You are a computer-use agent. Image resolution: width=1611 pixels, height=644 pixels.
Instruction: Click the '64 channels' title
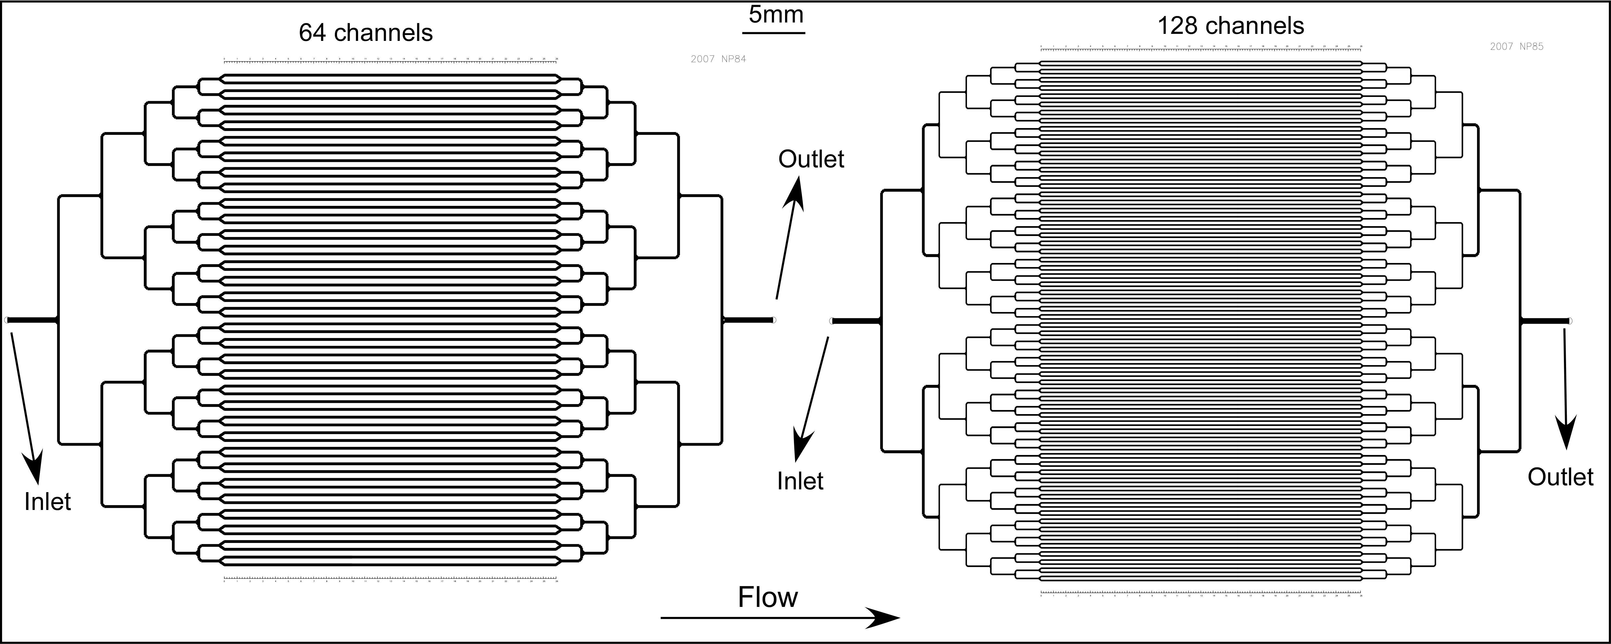[x=366, y=32]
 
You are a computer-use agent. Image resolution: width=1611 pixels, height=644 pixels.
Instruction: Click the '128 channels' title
[x=1231, y=26]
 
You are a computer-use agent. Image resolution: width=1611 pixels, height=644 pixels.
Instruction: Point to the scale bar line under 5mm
[x=774, y=32]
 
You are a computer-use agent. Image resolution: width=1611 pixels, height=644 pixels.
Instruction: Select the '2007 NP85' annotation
[x=1517, y=46]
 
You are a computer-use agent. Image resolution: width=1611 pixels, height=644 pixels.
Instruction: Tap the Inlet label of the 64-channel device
[x=48, y=501]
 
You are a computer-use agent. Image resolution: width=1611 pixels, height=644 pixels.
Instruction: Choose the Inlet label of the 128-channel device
[x=800, y=481]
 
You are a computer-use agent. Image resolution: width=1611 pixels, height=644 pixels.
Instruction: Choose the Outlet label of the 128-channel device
[x=1560, y=477]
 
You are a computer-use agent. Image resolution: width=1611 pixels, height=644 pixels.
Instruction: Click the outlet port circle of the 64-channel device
[x=774, y=320]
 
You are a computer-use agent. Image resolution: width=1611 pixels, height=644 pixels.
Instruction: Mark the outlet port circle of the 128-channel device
[x=1570, y=321]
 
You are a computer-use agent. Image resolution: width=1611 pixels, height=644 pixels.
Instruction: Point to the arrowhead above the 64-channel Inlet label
[x=34, y=466]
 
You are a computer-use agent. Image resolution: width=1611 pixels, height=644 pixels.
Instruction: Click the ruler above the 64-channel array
[x=390, y=61]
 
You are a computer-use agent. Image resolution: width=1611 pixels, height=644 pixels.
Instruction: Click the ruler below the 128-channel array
[x=1201, y=593]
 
